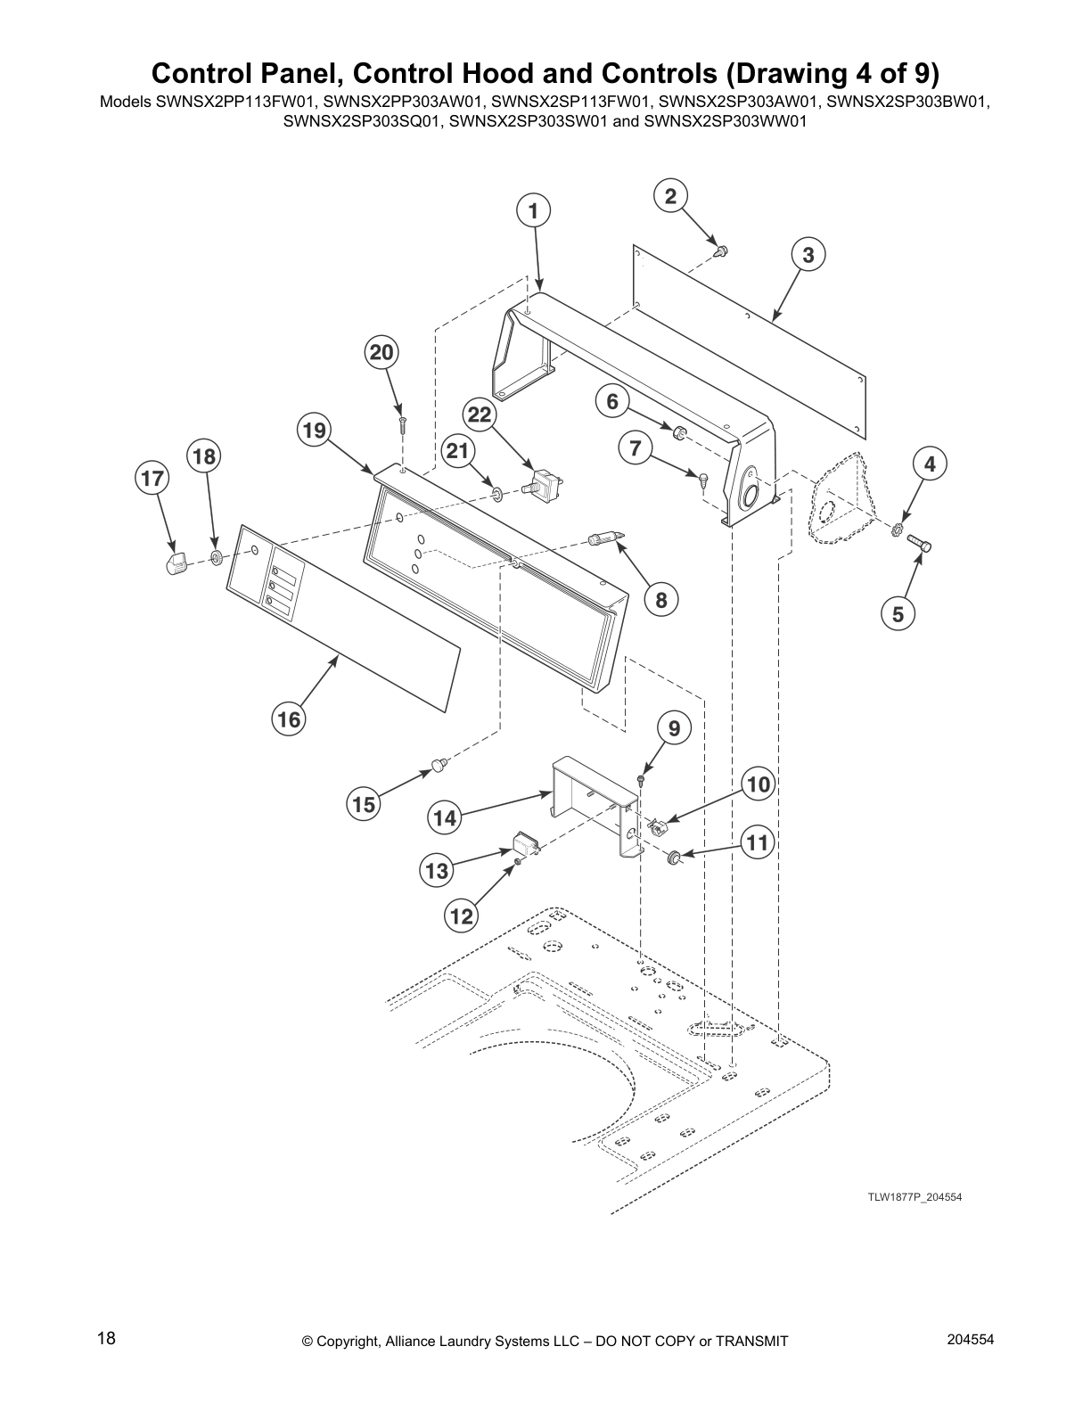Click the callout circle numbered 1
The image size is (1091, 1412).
533,211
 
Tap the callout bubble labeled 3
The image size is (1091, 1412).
808,255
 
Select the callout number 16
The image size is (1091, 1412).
289,718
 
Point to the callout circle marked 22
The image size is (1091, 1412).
480,415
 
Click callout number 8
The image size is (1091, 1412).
660,600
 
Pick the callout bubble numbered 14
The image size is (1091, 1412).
445,817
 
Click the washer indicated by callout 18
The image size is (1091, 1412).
216,559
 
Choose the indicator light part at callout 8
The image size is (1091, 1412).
603,538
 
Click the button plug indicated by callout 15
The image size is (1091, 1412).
439,763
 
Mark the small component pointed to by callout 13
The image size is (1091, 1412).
523,842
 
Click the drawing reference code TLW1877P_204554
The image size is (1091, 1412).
915,1197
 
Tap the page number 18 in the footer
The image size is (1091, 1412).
105,1338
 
